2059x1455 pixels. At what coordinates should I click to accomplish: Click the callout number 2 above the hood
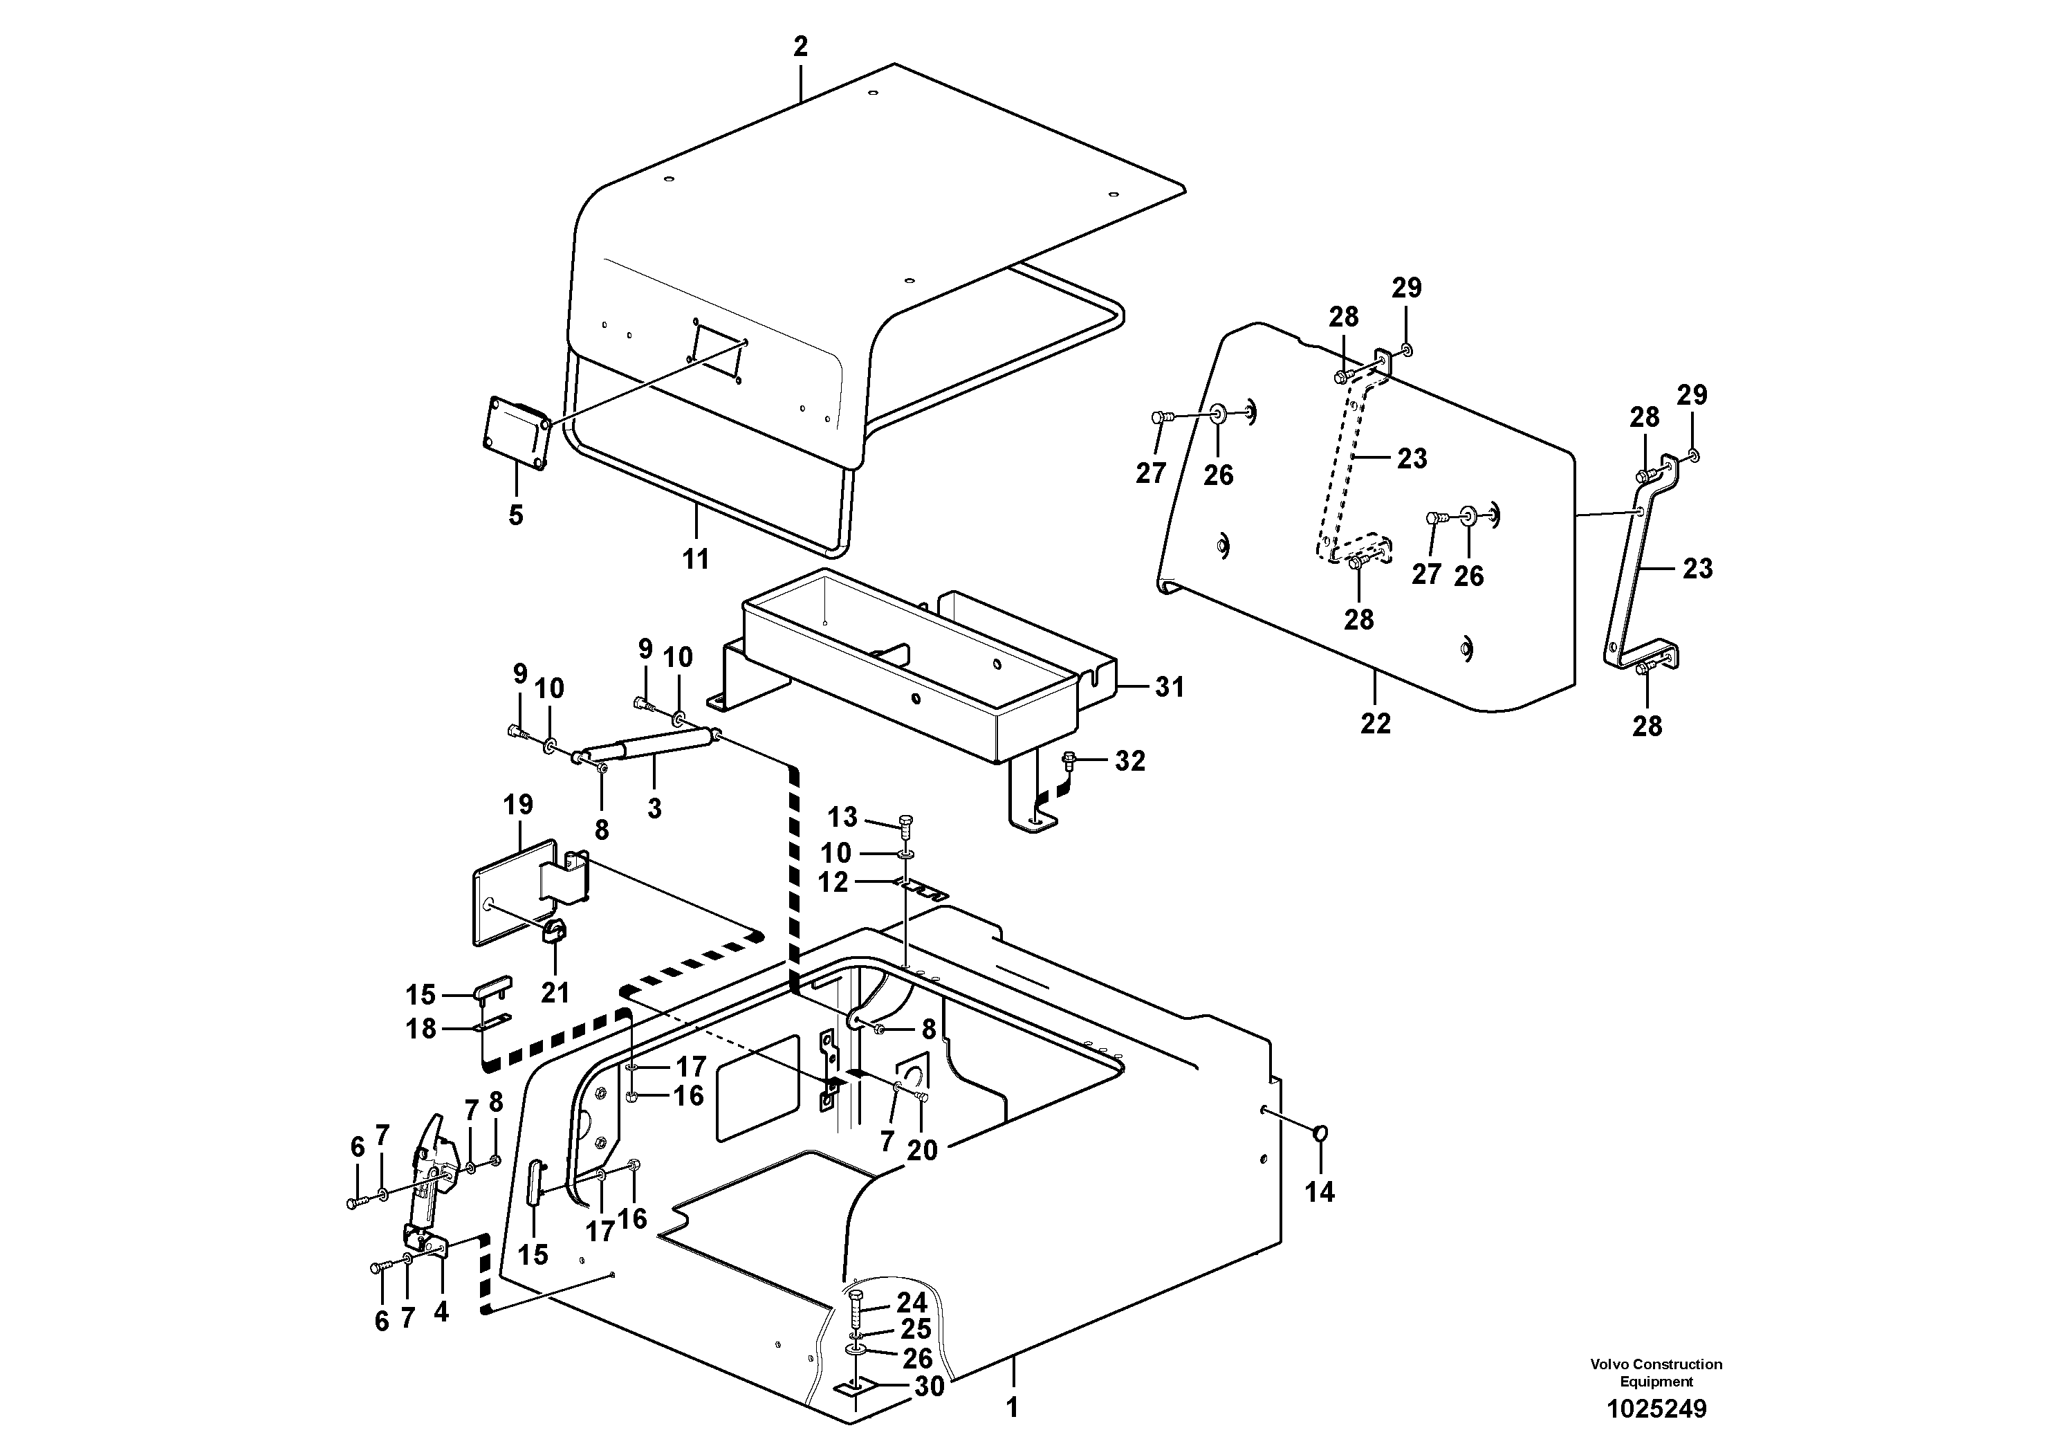pyautogui.click(x=800, y=46)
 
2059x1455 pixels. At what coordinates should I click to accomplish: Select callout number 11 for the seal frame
pyautogui.click(x=695, y=559)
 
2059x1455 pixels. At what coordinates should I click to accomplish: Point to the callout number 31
pyautogui.click(x=1170, y=687)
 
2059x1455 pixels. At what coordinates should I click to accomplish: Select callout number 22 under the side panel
pyautogui.click(x=1375, y=723)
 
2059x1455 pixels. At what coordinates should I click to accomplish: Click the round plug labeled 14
pyautogui.click(x=1320, y=1134)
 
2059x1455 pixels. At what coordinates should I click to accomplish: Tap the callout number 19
pyautogui.click(x=518, y=805)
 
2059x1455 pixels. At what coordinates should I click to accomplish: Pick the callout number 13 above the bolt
pyautogui.click(x=842, y=817)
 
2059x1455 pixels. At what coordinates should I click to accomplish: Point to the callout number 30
pyautogui.click(x=929, y=1387)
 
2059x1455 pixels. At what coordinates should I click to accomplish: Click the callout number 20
pyautogui.click(x=922, y=1150)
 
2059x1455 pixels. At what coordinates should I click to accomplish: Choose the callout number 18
pyautogui.click(x=421, y=1029)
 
